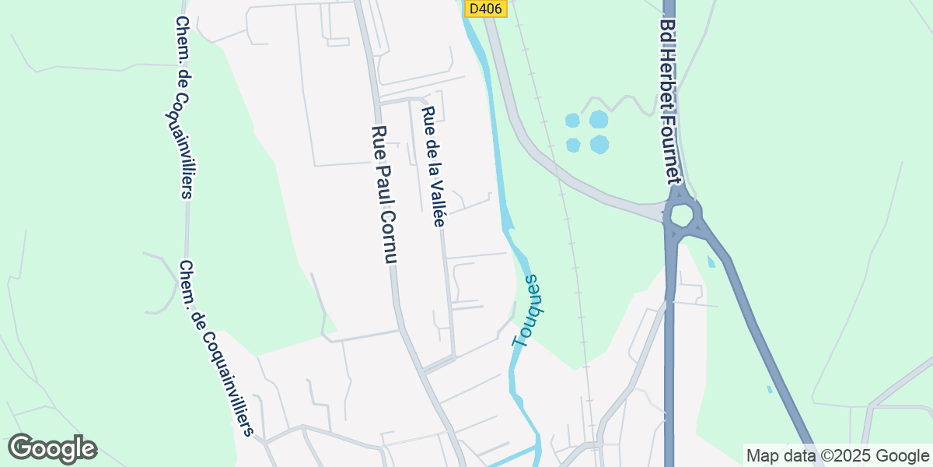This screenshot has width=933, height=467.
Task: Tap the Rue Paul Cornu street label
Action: pos(385,195)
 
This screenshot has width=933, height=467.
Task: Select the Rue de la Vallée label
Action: pos(432,167)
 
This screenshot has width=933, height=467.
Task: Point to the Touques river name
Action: pos(526,310)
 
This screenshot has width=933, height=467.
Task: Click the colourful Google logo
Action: pos(52,448)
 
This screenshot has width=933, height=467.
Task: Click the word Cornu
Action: pos(390,237)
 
